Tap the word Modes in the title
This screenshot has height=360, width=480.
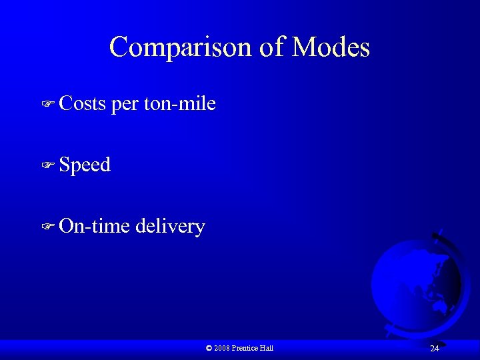click(331, 47)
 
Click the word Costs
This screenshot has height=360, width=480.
click(82, 103)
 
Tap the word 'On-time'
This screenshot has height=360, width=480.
click(95, 226)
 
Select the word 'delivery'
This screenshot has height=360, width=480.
click(170, 227)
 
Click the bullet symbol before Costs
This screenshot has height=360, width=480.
click(47, 104)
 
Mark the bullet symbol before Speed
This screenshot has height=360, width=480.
click(47, 165)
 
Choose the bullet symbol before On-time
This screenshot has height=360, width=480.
click(47, 227)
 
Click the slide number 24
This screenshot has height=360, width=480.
click(434, 348)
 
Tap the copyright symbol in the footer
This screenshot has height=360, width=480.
click(209, 348)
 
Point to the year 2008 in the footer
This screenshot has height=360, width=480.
click(223, 348)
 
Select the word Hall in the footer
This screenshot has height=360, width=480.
click(267, 348)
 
